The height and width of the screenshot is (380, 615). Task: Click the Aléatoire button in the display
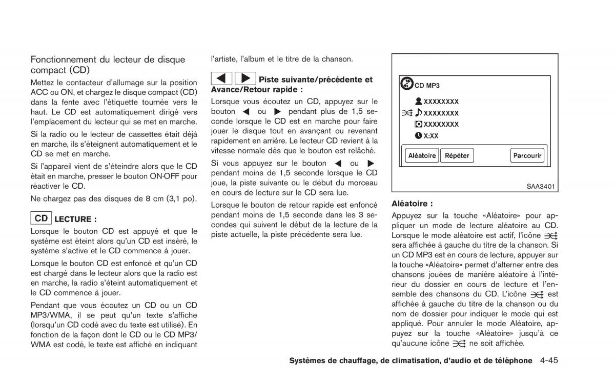421,155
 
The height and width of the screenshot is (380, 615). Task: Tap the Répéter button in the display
457,155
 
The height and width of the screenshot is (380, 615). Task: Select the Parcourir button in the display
527,155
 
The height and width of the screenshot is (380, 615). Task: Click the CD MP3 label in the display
427,86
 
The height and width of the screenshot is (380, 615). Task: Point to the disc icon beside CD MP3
406,84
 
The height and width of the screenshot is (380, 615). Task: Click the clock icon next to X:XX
418,136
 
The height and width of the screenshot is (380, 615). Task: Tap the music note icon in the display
418,113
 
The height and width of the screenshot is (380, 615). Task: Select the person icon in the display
418,102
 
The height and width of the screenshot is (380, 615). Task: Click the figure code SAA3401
541,187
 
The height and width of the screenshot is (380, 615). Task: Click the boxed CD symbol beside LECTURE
42,218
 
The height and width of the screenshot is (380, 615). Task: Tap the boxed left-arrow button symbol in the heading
222,78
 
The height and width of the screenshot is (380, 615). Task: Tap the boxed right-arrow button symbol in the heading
245,78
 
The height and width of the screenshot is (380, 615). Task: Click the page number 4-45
548,361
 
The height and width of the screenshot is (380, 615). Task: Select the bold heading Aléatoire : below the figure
412,203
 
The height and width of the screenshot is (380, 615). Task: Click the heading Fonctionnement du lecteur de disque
108,59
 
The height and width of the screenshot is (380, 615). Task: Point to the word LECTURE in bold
75,219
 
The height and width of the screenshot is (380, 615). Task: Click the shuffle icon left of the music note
407,113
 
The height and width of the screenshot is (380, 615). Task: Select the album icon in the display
418,125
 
